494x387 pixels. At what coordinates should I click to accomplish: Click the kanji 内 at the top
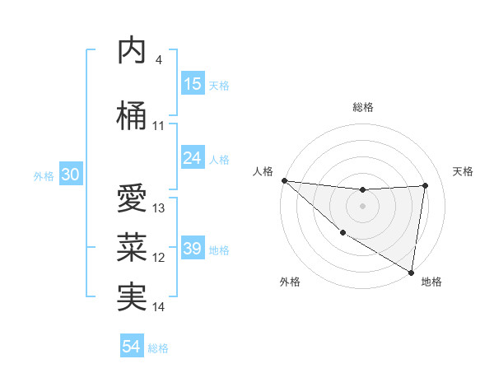click(132, 51)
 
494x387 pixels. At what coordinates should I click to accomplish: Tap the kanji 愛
click(132, 198)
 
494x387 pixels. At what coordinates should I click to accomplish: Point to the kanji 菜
click(132, 248)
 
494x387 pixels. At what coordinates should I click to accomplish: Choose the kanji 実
click(132, 297)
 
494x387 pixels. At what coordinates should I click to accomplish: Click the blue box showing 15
click(193, 84)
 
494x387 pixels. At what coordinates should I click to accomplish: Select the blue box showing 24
click(193, 158)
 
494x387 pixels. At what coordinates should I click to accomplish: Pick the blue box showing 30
click(71, 175)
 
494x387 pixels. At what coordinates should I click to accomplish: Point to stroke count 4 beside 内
click(159, 60)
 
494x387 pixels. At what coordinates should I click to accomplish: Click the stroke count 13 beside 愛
click(159, 208)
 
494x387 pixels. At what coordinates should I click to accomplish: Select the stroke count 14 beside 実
click(159, 307)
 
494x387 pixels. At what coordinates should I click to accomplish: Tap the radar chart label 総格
click(362, 107)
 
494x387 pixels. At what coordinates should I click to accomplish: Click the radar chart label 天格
click(464, 171)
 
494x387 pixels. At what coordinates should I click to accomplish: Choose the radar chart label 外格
click(290, 282)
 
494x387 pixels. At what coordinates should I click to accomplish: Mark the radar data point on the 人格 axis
click(284, 180)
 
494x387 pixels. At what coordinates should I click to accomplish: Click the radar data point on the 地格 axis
click(411, 272)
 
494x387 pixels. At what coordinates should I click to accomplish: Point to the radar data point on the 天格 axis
click(426, 185)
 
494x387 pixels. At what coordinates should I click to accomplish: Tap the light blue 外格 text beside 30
click(43, 175)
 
